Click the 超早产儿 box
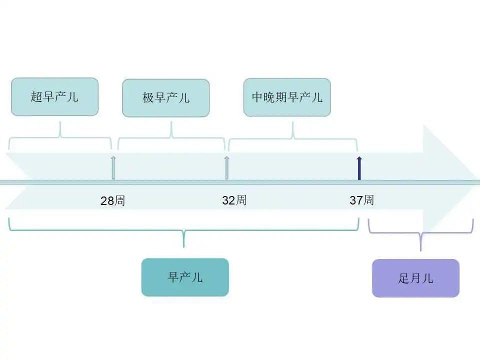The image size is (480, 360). (54, 97)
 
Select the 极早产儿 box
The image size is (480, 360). (165, 98)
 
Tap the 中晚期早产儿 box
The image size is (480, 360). (287, 97)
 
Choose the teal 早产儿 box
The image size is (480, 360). (185, 277)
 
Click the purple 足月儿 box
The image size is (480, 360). (415, 278)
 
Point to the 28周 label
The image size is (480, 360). (112, 201)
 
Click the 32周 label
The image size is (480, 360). (234, 200)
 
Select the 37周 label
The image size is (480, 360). (361, 200)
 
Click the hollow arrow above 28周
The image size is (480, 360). (113, 168)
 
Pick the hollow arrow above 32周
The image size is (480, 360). (226, 168)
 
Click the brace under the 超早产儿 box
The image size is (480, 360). (60, 137)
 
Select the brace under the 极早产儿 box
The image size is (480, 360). (171, 137)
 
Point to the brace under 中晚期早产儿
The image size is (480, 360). (293, 138)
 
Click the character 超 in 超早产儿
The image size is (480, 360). (36, 97)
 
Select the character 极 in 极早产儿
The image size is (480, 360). (147, 98)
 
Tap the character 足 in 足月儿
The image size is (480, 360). (403, 278)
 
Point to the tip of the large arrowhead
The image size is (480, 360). (477, 181)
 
